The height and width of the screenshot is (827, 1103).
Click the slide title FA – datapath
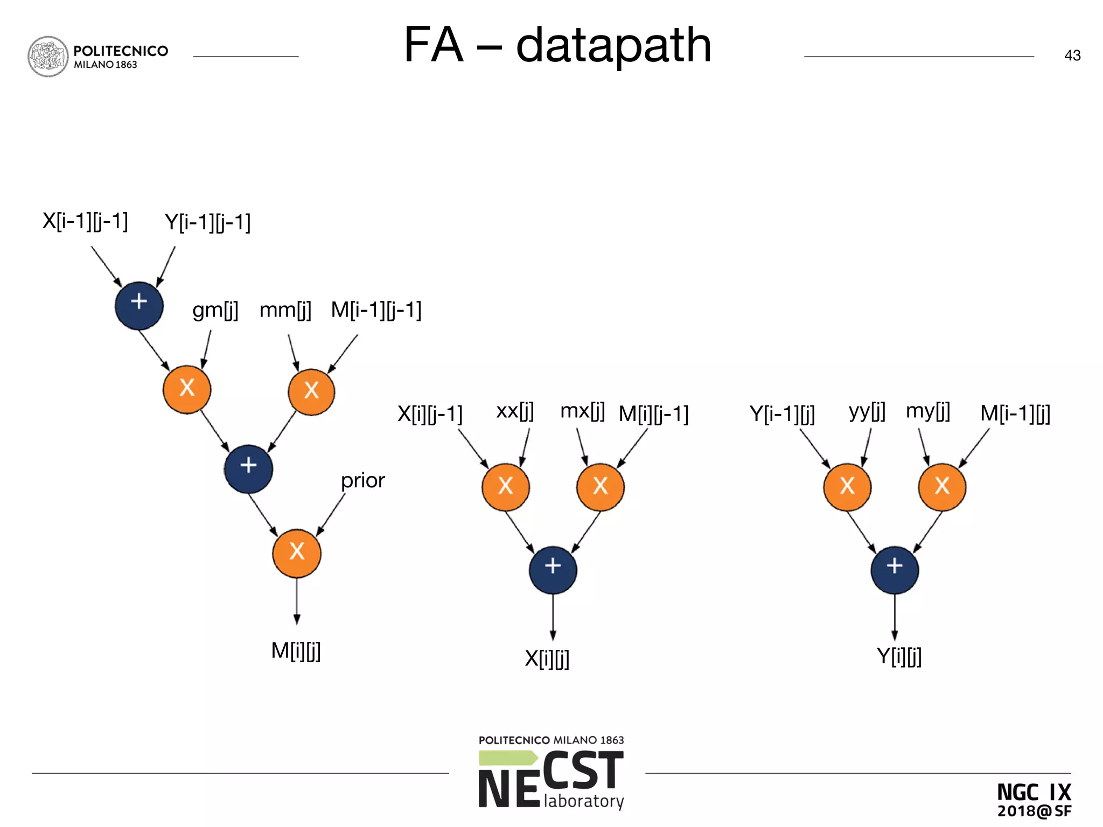click(x=557, y=45)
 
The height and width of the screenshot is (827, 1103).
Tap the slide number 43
click(x=1072, y=55)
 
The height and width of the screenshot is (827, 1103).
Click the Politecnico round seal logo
click(x=48, y=57)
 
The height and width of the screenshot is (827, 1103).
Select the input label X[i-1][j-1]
click(x=85, y=221)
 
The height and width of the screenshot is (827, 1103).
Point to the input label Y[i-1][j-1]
click(x=207, y=222)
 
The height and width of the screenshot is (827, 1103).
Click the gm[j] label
click(x=215, y=310)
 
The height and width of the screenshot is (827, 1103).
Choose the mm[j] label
click(x=285, y=310)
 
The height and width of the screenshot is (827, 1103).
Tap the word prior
click(x=362, y=480)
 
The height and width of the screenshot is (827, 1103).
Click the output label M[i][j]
click(x=296, y=651)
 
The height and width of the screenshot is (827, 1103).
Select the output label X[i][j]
click(x=547, y=658)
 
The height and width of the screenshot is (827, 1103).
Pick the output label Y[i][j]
click(x=899, y=656)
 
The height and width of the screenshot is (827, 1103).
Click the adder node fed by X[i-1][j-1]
click(x=139, y=305)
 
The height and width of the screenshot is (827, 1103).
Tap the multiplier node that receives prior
click(x=297, y=553)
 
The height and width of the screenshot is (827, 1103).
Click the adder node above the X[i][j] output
click(x=553, y=570)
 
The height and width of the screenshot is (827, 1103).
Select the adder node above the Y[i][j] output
click(x=894, y=570)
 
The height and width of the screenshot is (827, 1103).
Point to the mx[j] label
click(x=582, y=411)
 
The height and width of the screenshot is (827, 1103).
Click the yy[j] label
click(x=867, y=411)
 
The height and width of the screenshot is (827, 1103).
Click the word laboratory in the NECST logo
click(x=584, y=801)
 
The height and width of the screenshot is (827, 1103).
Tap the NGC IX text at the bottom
click(x=1034, y=792)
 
